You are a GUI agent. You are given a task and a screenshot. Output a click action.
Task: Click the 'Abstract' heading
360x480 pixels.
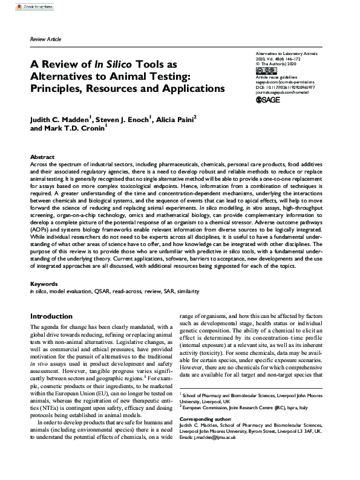[42, 156]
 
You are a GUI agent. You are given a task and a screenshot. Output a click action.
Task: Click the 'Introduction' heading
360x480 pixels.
[51, 316]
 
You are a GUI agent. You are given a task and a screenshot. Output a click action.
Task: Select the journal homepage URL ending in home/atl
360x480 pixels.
[289, 101]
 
